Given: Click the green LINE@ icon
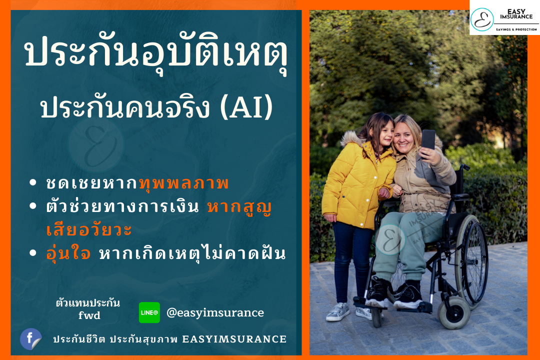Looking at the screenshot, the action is [x=149, y=312].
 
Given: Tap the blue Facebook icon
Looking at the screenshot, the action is [x=30, y=339].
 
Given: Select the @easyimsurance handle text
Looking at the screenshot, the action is [x=215, y=313].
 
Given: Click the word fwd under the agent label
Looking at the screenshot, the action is [x=89, y=315].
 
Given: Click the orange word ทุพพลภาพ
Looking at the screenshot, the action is [x=184, y=182].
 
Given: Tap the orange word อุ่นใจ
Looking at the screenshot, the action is [x=68, y=253].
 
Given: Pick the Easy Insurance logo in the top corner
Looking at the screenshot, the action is [x=504, y=18].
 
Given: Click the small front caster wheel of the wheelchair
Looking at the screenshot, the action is [x=454, y=312].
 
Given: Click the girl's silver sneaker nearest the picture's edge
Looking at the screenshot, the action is [x=338, y=311].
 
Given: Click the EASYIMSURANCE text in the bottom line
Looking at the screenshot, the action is [x=234, y=339].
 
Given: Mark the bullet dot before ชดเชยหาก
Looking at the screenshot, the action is [x=33, y=182].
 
